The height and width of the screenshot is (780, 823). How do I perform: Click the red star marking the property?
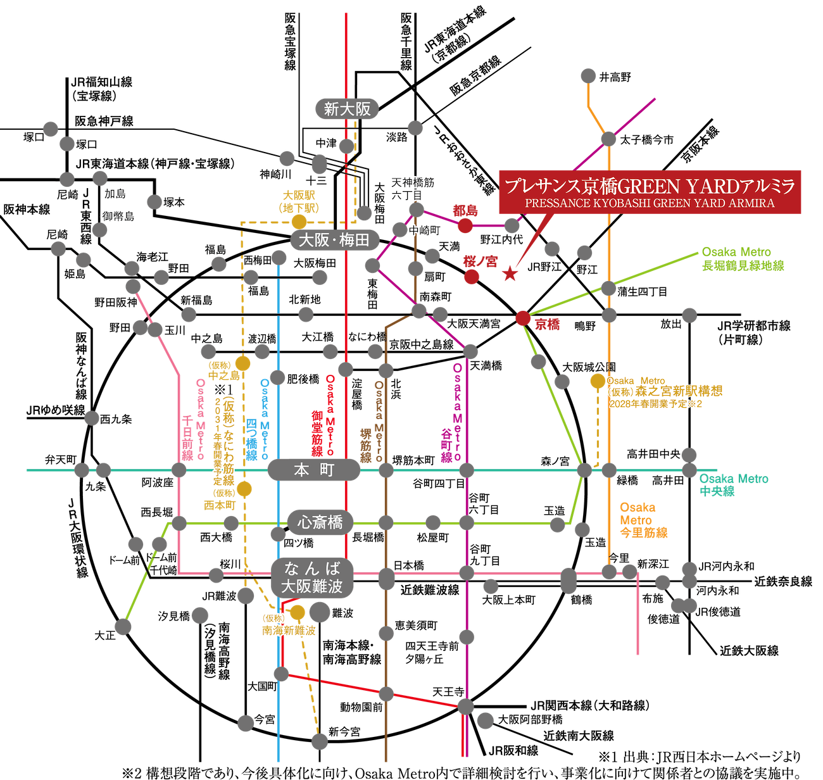510,274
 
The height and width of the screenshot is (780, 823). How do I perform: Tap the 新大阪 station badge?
347,109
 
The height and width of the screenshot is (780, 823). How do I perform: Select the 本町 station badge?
313,469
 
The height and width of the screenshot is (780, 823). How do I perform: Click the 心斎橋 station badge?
320,522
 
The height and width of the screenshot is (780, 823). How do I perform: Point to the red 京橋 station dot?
523,318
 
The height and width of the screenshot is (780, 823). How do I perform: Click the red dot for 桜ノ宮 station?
472,276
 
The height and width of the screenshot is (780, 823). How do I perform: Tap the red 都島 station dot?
465,225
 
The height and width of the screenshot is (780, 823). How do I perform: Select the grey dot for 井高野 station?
588,76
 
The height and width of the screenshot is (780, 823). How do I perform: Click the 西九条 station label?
116,418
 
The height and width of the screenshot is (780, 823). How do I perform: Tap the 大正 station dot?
123,626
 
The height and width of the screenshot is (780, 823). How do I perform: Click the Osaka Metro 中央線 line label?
733,484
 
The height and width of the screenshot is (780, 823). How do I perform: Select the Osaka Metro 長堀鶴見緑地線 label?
742,258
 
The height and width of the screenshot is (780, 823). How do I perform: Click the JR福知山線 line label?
101,89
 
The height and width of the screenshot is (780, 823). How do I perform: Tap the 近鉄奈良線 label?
783,581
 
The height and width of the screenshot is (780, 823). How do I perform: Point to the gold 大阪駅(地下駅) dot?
299,221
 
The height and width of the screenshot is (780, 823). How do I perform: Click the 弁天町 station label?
61,459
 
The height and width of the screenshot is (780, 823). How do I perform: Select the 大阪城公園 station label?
589,367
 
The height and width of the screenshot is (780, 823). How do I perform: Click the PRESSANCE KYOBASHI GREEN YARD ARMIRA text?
650,203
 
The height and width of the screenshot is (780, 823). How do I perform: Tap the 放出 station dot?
689,315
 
